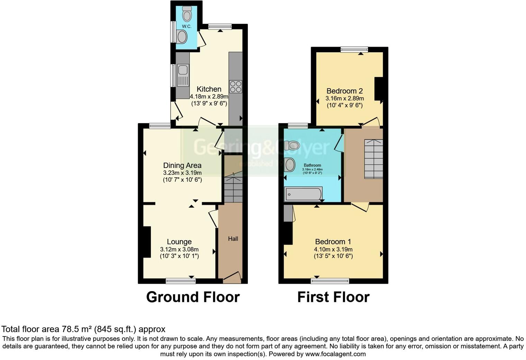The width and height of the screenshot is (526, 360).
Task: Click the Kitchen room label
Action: (x=209, y=89)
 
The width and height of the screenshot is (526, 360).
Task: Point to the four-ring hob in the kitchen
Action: (x=236, y=87)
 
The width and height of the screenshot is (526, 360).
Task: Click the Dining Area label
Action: (x=182, y=165)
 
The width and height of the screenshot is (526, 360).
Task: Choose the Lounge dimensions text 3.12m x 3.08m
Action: (x=179, y=249)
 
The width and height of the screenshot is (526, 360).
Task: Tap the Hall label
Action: (x=233, y=239)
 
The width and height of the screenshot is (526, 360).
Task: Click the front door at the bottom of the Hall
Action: (x=232, y=277)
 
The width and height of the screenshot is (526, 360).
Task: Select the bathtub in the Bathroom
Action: (x=303, y=194)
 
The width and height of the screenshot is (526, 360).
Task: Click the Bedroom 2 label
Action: (x=344, y=91)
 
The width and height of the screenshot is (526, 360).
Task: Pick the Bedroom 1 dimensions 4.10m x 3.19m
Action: (x=333, y=249)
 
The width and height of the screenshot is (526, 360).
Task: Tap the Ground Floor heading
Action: (x=193, y=297)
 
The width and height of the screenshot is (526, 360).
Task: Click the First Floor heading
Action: (x=333, y=297)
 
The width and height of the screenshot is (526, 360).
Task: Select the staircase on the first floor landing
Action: (x=373, y=159)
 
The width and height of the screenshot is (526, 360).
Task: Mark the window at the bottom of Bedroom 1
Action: (x=330, y=281)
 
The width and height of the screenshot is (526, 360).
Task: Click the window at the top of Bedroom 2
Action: (x=354, y=49)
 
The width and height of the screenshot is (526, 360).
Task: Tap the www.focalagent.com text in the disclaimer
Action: (x=335, y=354)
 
